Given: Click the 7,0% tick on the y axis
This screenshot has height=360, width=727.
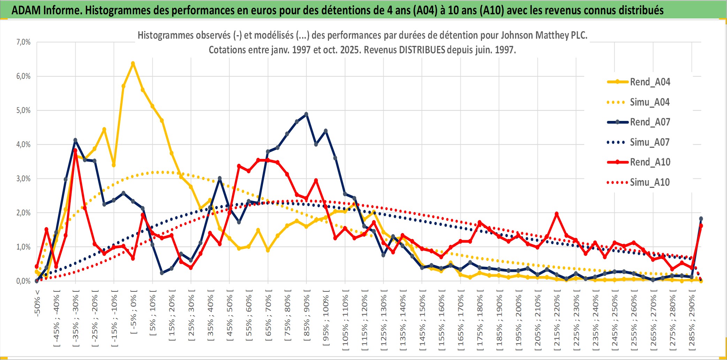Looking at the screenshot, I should (x=23, y=42).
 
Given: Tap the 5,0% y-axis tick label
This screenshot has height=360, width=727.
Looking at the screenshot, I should (x=23, y=110).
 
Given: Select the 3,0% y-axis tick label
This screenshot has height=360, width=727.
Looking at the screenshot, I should (x=23, y=179).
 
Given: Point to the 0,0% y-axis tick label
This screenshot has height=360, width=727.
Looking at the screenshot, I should (x=23, y=281).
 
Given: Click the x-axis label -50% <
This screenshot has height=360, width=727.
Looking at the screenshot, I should (x=37, y=303).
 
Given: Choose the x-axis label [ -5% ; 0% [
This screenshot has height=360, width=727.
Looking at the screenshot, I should (x=133, y=312).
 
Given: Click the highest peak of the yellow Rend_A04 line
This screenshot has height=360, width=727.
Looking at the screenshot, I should (x=133, y=63).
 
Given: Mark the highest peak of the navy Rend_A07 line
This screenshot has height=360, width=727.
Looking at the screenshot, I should (x=306, y=114).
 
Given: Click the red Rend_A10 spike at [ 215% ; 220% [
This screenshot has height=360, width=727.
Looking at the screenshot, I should (x=557, y=214).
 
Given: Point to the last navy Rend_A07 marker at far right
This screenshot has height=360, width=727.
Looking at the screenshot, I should (x=701, y=219).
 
